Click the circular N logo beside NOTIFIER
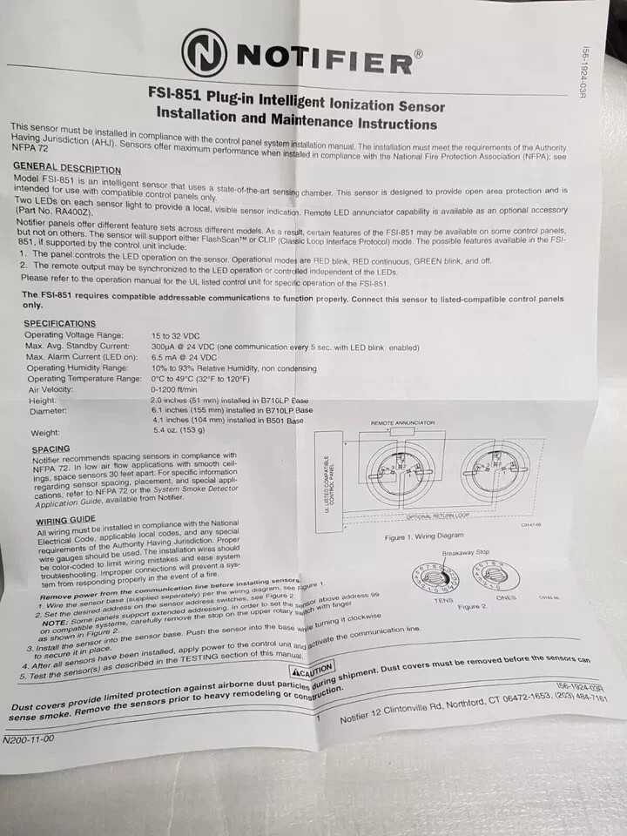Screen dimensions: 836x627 point(206,54)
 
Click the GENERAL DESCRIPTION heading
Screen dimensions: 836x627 point(67,167)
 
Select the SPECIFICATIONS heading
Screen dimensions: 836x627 point(60,323)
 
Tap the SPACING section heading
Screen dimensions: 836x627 point(51,449)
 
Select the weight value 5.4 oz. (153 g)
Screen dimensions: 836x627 point(179,430)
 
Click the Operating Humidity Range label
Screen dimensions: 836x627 point(77,367)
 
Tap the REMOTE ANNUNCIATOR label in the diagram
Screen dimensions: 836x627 point(402,423)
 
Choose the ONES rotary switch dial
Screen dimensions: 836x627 point(495,577)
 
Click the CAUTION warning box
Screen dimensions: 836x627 point(313,671)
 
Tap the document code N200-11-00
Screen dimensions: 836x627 point(29,738)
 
